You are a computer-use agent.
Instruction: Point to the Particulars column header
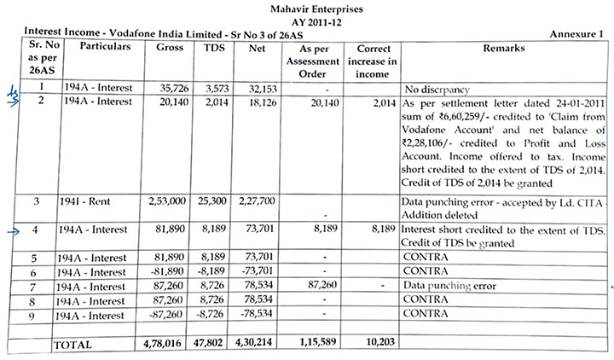click(x=104, y=46)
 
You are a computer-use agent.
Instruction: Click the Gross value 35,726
click(x=168, y=88)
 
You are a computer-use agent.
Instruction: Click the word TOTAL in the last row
click(x=75, y=344)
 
